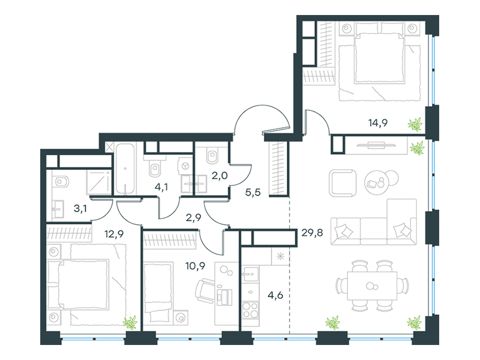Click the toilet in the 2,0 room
point(211,156)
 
